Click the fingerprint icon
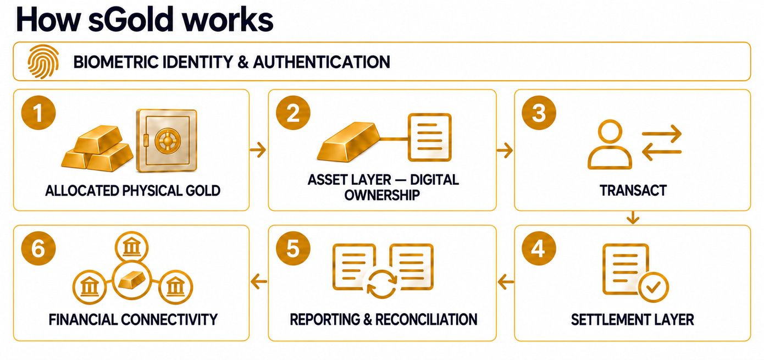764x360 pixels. pos(43,62)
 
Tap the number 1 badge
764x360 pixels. pos(38,113)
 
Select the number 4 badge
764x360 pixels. pos(539,248)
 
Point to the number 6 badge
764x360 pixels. pos(38,248)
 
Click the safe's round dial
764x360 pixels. pos(167,140)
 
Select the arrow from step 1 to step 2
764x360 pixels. pos(258,149)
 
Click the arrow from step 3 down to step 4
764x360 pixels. pos(633,218)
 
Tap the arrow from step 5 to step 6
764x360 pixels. pos(258,281)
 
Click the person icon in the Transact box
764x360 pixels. pos(610,145)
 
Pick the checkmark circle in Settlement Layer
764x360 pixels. pos(653,287)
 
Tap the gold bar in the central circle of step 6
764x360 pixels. pos(131,280)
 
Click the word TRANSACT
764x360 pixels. pos(633,190)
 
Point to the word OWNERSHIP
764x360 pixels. pos(382,195)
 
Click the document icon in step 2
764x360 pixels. pos(430,137)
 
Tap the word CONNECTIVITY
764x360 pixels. pos(169,319)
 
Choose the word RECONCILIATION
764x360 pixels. pos(427,319)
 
